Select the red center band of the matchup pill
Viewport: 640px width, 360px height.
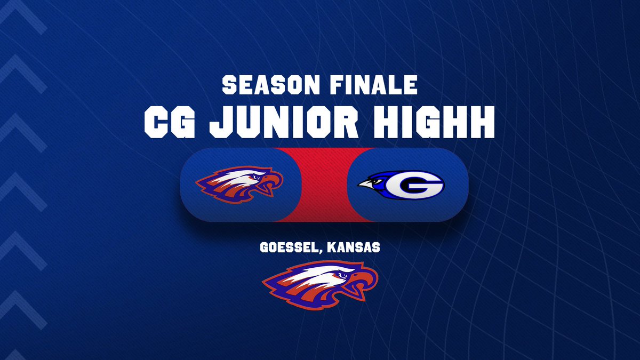tap(324, 185)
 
